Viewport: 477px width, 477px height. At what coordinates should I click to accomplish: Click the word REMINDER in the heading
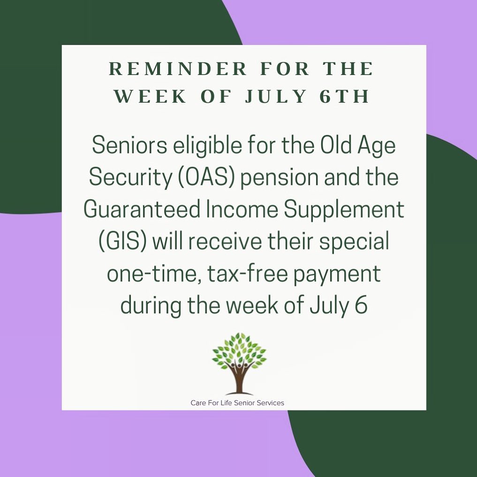click(178, 68)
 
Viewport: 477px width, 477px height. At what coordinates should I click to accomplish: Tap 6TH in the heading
click(345, 97)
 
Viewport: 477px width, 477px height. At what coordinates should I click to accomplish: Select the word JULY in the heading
click(276, 97)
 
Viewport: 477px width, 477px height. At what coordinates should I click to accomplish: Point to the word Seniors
click(129, 145)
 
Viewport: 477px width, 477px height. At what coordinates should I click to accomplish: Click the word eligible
click(208, 146)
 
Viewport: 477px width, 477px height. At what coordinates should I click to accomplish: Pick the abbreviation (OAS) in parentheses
click(206, 177)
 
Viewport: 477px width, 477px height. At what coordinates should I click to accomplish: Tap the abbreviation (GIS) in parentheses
click(123, 241)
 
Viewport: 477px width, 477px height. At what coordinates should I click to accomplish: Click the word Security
click(130, 177)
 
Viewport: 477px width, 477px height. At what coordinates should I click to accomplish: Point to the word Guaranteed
click(142, 209)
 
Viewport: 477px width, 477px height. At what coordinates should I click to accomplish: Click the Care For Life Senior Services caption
click(237, 403)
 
